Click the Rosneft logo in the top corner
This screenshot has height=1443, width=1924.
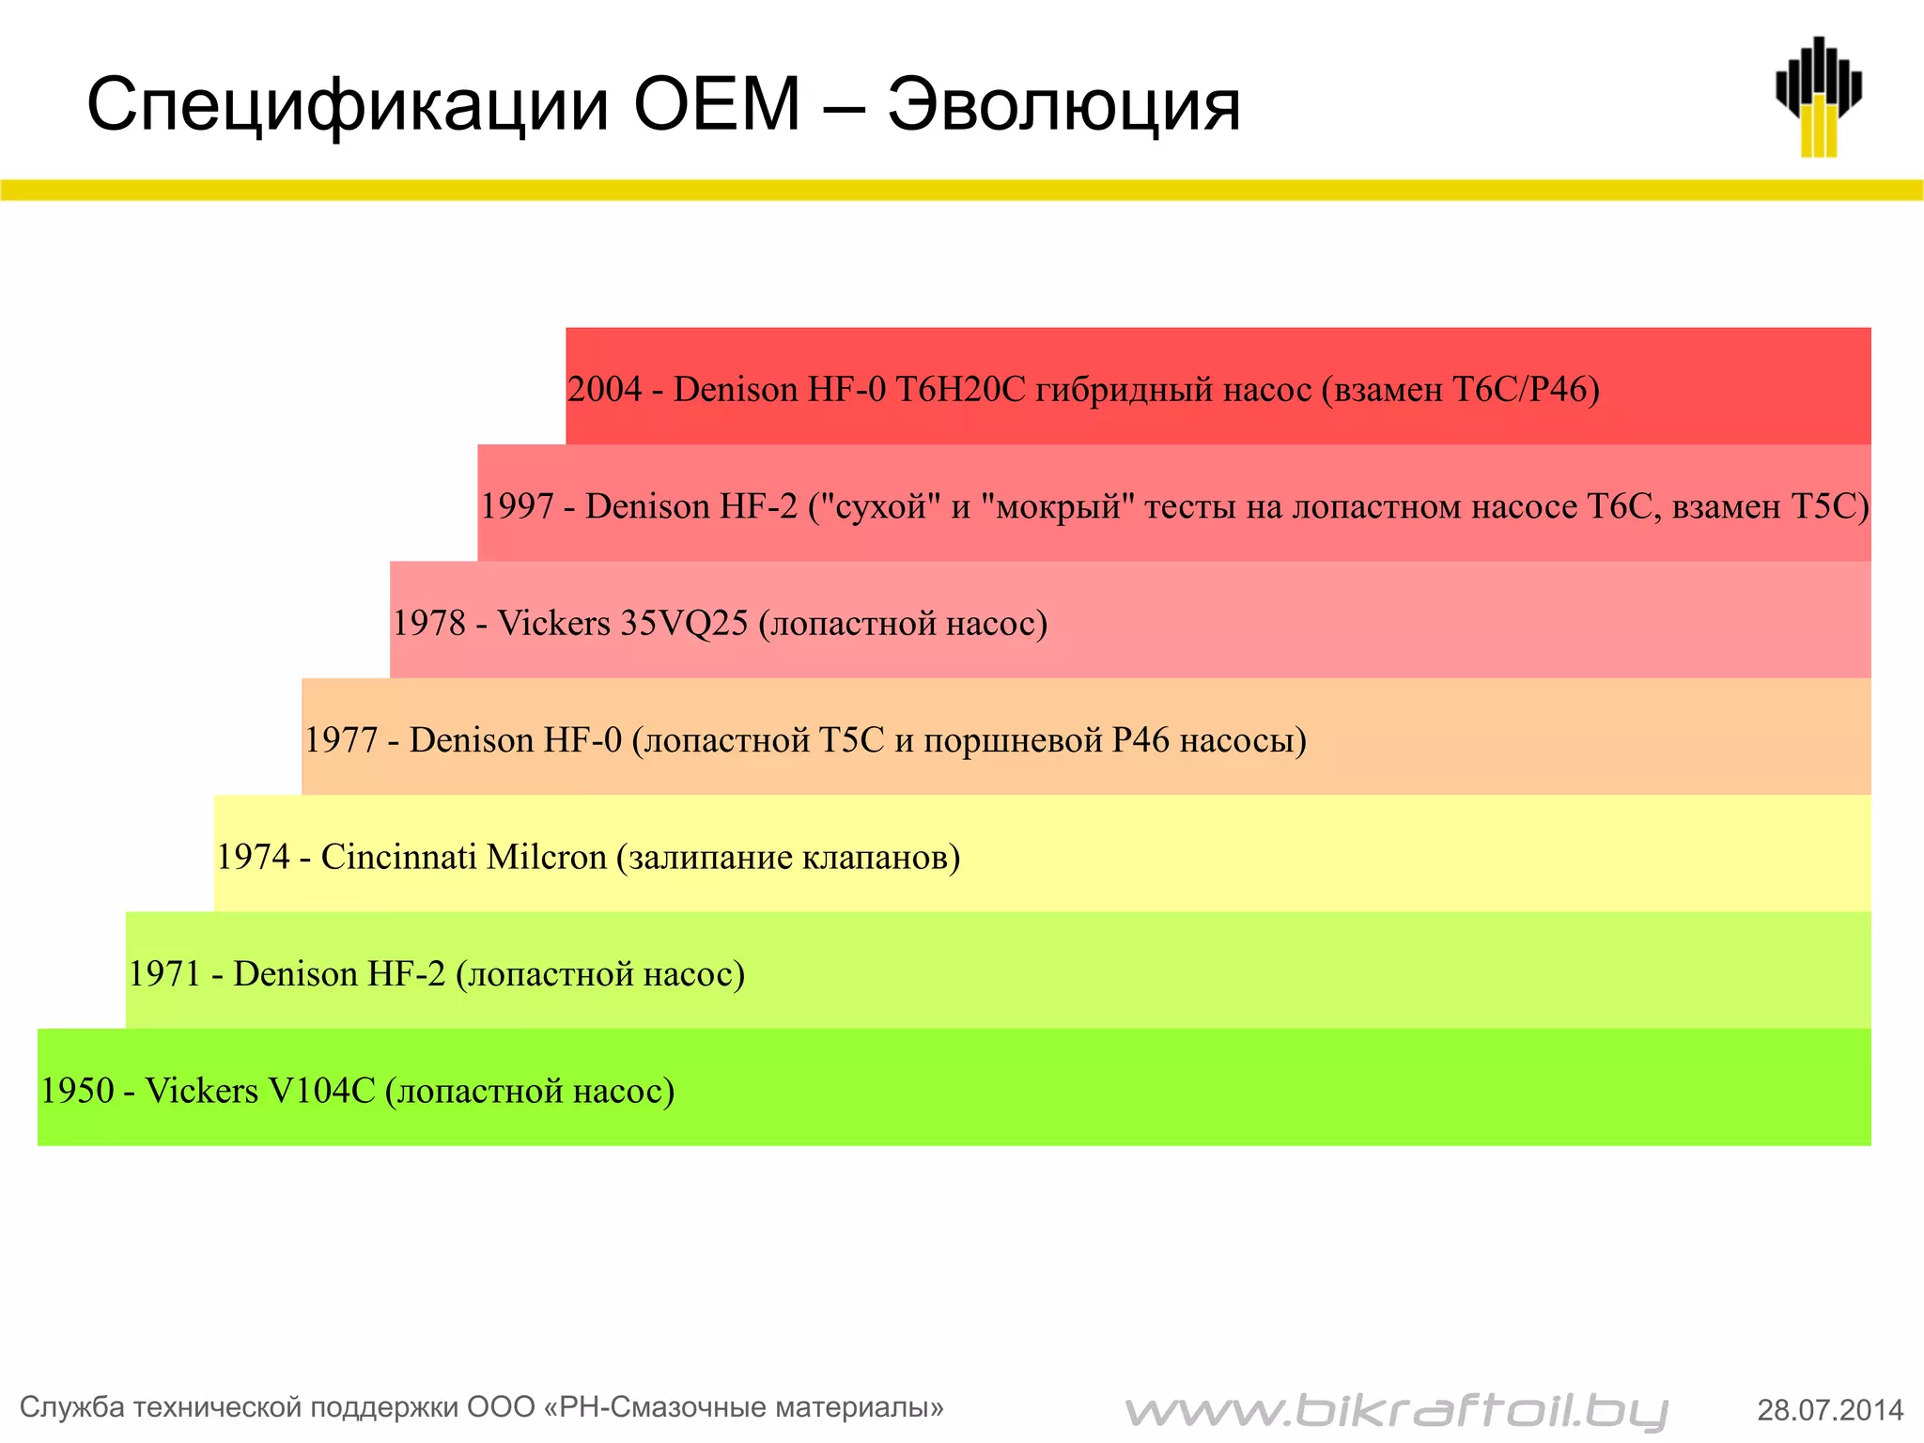[1818, 97]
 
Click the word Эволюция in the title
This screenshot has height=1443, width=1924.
[1063, 105]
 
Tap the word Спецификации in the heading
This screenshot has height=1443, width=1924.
[348, 105]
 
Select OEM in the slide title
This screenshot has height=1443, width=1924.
[717, 103]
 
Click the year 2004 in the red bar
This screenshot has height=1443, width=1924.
[604, 389]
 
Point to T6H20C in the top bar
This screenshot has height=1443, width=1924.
[960, 389]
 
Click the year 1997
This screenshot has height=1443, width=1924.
[517, 506]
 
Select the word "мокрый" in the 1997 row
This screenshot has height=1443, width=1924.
[1058, 506]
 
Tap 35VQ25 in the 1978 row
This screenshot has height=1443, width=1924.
[684, 623]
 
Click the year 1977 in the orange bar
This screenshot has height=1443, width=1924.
[340, 740]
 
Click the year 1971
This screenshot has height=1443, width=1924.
[164, 974]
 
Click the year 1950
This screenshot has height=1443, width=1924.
[76, 1091]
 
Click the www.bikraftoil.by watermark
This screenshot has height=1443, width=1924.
[1396, 1410]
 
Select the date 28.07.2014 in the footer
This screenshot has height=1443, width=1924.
[1830, 1410]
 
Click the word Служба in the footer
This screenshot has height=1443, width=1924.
[72, 1407]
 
